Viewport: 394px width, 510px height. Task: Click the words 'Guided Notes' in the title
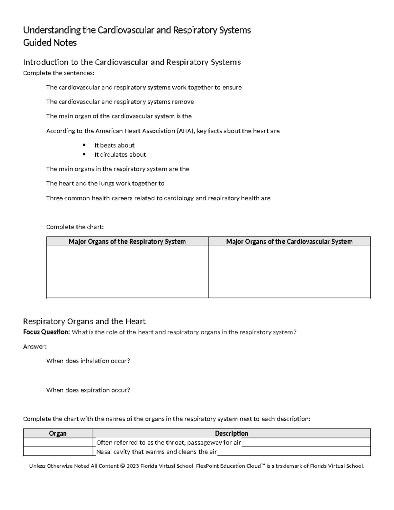click(x=50, y=43)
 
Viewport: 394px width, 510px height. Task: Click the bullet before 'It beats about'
click(x=84, y=145)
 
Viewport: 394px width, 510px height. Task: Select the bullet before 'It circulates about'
click(x=84, y=154)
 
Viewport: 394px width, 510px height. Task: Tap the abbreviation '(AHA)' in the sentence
click(x=186, y=131)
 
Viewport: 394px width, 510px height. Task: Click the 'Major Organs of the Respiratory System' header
click(x=127, y=242)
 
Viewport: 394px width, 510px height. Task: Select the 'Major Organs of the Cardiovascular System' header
click(x=289, y=242)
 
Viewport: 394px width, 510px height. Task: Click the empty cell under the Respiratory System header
click(x=127, y=272)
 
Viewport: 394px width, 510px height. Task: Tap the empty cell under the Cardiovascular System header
click(x=289, y=272)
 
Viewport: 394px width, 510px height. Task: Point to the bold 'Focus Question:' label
click(x=46, y=332)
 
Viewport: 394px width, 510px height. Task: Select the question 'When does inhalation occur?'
click(x=88, y=361)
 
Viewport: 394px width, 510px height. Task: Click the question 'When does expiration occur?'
click(x=88, y=390)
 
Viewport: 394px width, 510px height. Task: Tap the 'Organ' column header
click(x=58, y=433)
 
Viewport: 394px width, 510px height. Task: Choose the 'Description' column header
click(x=231, y=433)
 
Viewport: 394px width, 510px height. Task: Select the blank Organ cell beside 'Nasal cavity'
click(x=58, y=452)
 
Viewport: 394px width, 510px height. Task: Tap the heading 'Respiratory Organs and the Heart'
click(x=84, y=321)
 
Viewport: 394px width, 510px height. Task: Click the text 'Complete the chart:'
click(x=75, y=227)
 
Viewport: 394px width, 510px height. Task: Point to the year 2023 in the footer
click(x=133, y=466)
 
